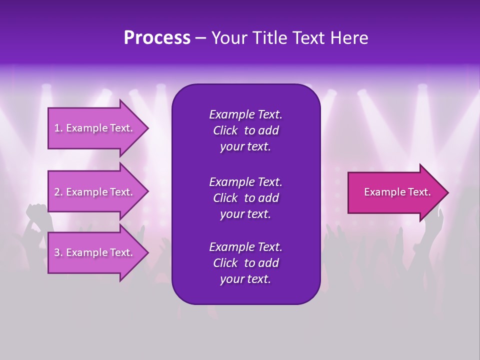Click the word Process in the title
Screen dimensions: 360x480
pos(157,38)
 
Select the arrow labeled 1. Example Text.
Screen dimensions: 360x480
pos(93,128)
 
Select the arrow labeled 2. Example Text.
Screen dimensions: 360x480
pos(93,192)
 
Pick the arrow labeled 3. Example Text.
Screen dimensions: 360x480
pos(93,252)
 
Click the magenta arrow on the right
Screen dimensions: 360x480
pos(395,192)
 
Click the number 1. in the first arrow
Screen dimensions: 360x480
pos(58,128)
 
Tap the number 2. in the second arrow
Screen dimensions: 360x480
pos(58,192)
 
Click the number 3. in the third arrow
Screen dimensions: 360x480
pos(58,252)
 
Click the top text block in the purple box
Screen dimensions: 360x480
pos(245,130)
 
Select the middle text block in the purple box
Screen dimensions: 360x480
pos(245,198)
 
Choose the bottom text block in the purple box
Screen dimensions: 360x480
pos(245,263)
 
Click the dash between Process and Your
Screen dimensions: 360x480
pos(200,38)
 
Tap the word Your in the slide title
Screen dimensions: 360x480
pos(227,38)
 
